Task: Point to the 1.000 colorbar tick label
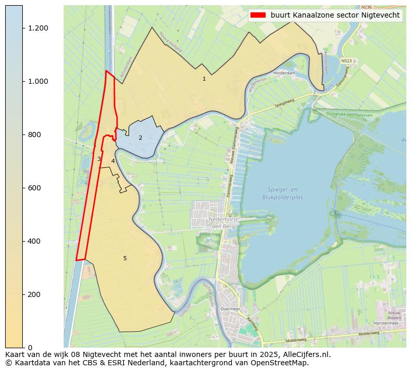38,81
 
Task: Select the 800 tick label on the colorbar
34,135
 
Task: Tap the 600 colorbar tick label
34,188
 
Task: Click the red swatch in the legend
258,16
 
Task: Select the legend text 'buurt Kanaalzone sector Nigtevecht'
335,16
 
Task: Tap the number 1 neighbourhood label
204,79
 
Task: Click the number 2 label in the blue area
140,138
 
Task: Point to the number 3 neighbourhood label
99,159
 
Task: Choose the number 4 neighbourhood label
113,161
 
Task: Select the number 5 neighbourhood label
125,258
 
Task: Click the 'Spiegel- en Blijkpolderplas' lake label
282,194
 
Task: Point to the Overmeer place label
230,309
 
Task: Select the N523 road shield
347,61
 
